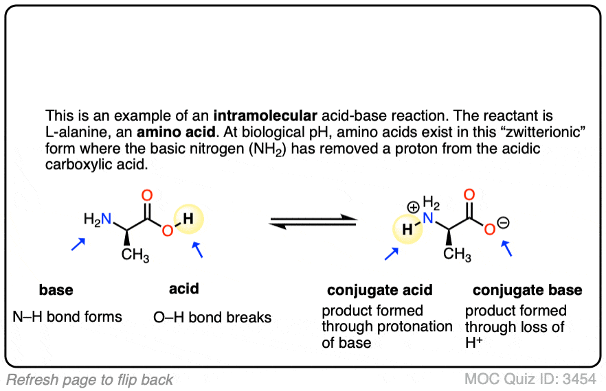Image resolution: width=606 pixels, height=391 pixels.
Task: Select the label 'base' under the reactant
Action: [56, 289]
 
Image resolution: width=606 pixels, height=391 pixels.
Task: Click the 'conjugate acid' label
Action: [380, 289]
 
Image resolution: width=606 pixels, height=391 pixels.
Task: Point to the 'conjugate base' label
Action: [528, 289]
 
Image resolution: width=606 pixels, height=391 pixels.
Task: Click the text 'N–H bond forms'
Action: [67, 316]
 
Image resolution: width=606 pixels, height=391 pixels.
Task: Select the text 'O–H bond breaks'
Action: [212, 318]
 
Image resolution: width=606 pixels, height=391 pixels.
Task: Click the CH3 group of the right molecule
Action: [457, 255]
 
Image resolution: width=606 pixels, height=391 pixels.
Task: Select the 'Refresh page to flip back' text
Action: [91, 379]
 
